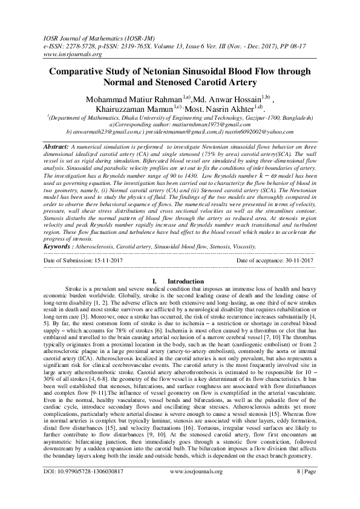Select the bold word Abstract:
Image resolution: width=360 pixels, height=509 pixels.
(x=58, y=147)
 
